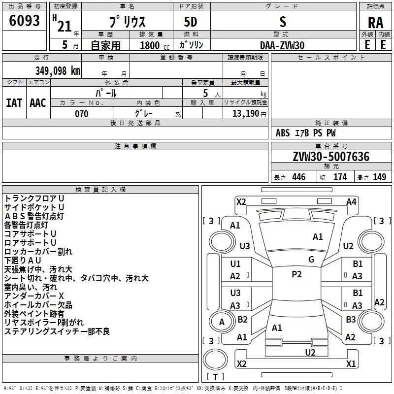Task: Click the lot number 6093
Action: [x=25, y=21]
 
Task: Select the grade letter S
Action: [x=282, y=22]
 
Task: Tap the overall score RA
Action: [x=375, y=23]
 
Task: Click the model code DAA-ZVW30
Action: [x=282, y=45]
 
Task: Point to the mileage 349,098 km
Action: [x=58, y=71]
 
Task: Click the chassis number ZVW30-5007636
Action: [x=331, y=157]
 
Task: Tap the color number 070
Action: [x=81, y=114]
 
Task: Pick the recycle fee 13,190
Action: [x=246, y=114]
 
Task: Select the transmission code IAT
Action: [x=14, y=102]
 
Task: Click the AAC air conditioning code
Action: [x=38, y=102]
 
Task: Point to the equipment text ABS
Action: [x=283, y=133]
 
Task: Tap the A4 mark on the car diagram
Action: [x=351, y=201]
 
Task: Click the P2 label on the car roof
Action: [x=296, y=274]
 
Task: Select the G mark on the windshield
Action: [x=311, y=260]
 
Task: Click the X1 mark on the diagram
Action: [x=351, y=364]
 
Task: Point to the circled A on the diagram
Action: [x=222, y=322]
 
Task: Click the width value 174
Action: [x=340, y=177]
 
